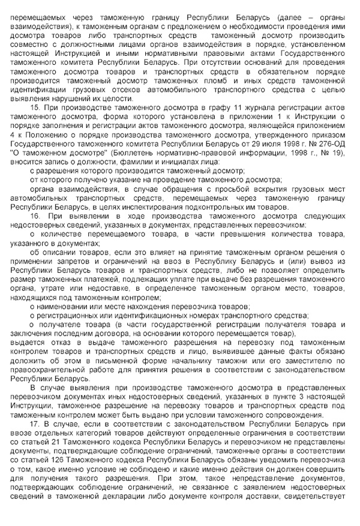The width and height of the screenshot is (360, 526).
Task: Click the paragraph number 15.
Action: pos(34,108)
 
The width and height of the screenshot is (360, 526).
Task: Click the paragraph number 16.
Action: pos(34,215)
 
